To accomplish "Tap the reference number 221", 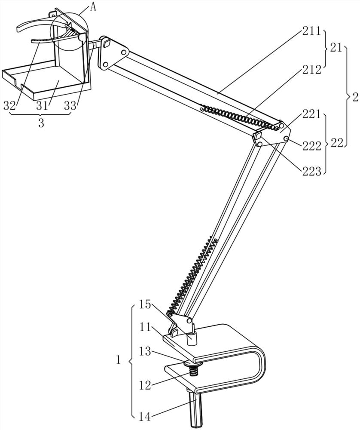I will coord(311,114).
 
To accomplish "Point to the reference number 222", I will coord(311,146).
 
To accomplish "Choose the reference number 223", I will coord(311,172).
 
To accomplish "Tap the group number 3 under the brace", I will coord(41,123).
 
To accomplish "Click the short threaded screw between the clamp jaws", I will coord(195,371).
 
